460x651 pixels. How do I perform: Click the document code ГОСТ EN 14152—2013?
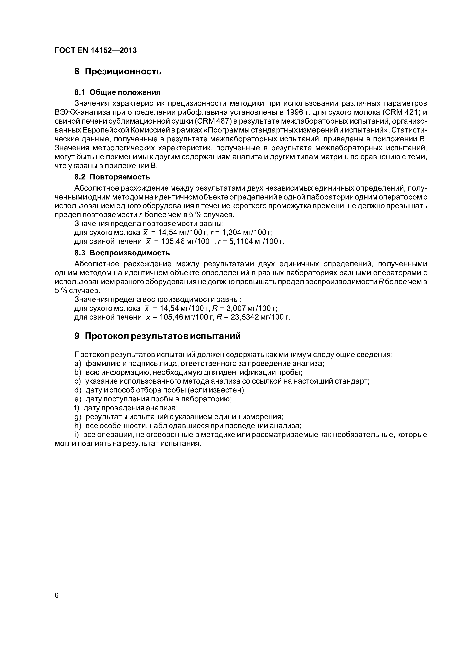tap(96, 50)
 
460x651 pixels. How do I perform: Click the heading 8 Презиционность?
tap(118, 71)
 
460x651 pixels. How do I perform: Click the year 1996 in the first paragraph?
tap(296, 112)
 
